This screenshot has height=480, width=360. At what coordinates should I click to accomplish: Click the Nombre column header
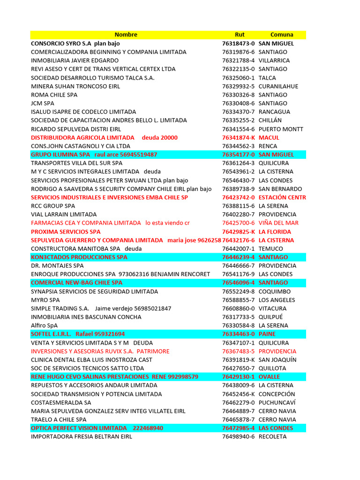126,35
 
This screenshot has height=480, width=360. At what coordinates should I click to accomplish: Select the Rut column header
240,35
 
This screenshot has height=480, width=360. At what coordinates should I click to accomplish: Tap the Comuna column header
282,35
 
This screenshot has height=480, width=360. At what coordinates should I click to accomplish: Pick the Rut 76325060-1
239,78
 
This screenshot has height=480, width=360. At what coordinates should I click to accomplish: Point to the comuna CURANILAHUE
278,86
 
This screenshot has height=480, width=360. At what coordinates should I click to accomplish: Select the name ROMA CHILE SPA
54,95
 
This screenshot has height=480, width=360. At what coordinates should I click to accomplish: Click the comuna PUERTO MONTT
281,129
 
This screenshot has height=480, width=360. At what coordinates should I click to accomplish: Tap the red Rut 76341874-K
239,137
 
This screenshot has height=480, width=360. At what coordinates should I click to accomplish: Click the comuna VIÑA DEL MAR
278,223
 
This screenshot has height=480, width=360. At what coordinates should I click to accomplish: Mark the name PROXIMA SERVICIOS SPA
66,232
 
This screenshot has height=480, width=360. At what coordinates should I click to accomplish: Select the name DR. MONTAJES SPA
57,266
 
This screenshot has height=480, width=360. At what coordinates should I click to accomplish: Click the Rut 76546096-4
239,283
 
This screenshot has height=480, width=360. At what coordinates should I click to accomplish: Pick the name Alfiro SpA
45,325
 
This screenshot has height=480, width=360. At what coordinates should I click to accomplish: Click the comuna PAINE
267,334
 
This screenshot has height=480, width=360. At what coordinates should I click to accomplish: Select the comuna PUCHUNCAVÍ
278,403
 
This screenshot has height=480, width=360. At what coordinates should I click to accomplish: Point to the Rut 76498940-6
239,436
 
